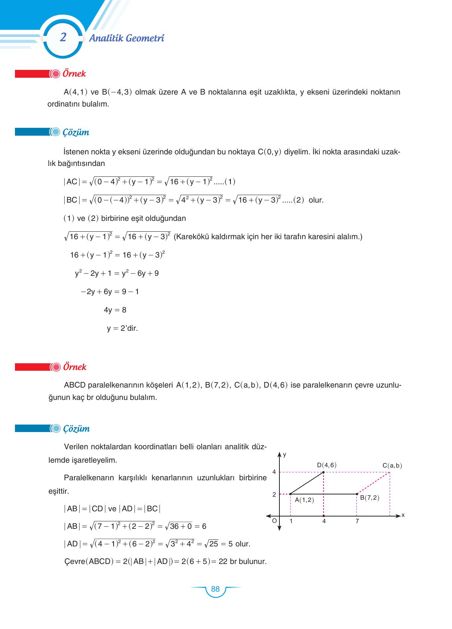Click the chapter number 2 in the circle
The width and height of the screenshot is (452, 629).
(63, 38)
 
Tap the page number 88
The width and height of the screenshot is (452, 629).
(215, 589)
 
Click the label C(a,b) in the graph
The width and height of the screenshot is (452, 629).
(392, 466)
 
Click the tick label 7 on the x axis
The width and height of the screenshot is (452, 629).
(357, 521)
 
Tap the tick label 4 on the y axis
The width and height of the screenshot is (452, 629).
(274, 472)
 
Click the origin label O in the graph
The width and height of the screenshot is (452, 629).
(274, 521)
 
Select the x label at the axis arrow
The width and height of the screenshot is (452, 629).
(403, 515)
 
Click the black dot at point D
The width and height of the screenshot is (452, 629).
(323, 472)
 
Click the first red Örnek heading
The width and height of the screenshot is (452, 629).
(74, 74)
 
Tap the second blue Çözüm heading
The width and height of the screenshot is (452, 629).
(76, 429)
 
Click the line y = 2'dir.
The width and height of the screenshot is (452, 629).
(122, 329)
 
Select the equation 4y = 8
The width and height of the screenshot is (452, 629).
(115, 310)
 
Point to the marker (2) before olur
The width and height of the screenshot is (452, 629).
(298, 200)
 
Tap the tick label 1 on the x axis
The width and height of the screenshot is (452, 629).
(291, 521)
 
